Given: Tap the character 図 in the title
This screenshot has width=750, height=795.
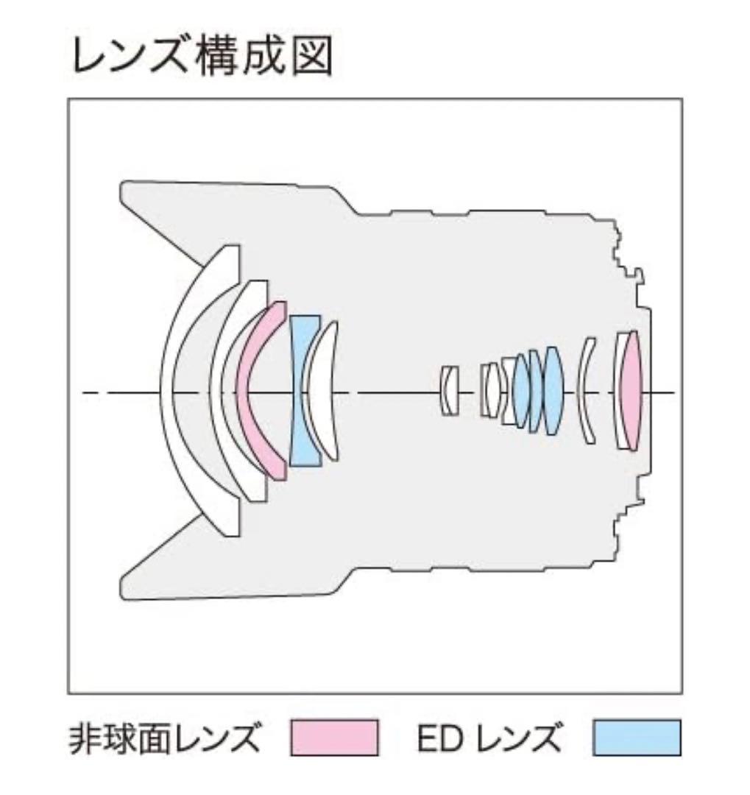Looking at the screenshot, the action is (x=312, y=56).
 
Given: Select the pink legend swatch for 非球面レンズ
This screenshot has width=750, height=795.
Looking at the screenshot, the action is (x=335, y=738).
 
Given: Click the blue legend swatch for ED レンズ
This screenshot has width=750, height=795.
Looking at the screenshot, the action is (x=637, y=738).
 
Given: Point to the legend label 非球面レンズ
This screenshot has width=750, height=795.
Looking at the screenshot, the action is (x=164, y=738).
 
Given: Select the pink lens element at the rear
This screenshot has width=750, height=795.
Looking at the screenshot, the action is (x=632, y=390).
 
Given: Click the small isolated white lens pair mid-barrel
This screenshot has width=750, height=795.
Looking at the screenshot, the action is (x=448, y=390).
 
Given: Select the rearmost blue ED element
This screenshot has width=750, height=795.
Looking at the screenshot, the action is (x=552, y=390).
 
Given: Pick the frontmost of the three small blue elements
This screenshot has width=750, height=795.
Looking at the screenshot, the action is (x=521, y=390).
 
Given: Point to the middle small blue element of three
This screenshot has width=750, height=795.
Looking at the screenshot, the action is (x=536, y=390).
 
